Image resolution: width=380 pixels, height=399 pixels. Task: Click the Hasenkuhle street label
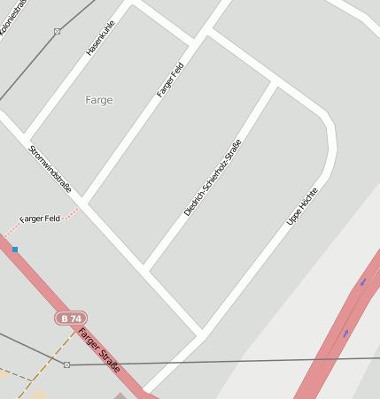coord(100,40)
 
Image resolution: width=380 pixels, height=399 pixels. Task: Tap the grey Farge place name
coord(99,100)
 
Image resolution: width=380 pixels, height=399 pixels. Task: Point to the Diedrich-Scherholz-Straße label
coord(213,178)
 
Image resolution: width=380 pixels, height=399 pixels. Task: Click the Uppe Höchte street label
coord(302,205)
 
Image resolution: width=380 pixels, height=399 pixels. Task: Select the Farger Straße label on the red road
coord(99,350)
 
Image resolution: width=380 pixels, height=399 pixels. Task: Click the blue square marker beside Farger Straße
coord(15,249)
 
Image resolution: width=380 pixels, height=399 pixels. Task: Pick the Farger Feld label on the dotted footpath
coord(40,219)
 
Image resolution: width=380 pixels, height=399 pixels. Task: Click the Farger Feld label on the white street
coord(170,80)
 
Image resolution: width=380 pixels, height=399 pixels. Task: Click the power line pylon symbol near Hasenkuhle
coord(58,32)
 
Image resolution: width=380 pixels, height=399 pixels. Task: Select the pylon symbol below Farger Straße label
coord(66,364)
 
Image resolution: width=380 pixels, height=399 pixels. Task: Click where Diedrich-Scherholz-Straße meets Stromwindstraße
coord(144,268)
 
